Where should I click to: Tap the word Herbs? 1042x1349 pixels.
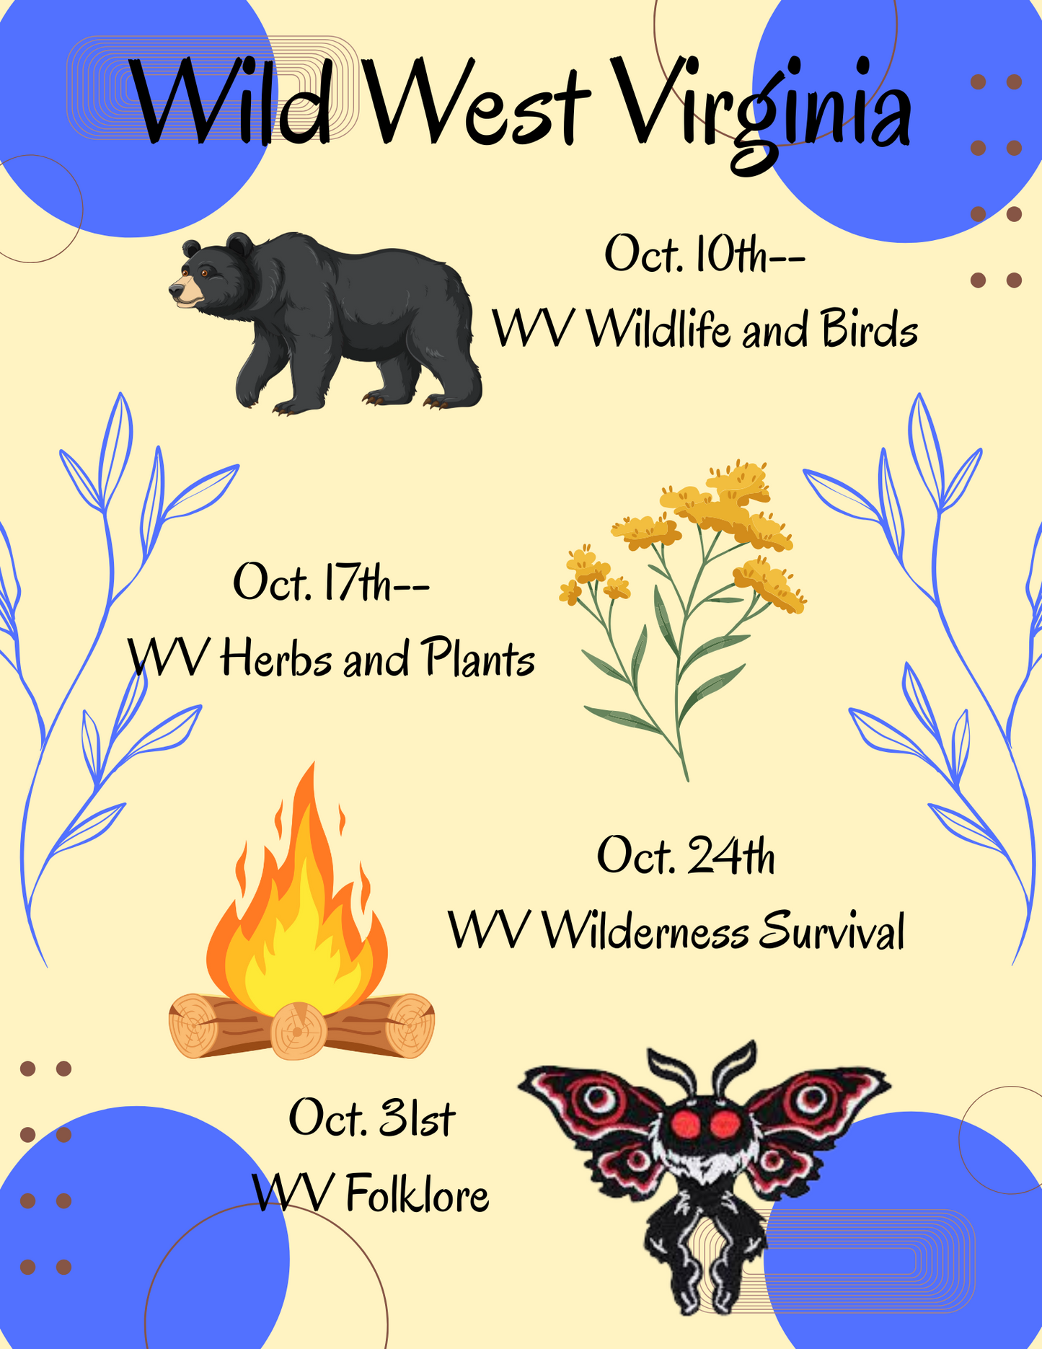pos(277,658)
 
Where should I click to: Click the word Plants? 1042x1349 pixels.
pos(479,658)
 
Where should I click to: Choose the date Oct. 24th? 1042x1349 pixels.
pos(686,857)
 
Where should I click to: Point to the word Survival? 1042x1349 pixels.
pos(831,931)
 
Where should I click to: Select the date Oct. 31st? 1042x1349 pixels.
pos(371,1118)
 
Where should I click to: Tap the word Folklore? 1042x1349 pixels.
pos(418,1194)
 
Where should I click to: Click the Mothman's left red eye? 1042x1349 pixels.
pos(684,1124)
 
